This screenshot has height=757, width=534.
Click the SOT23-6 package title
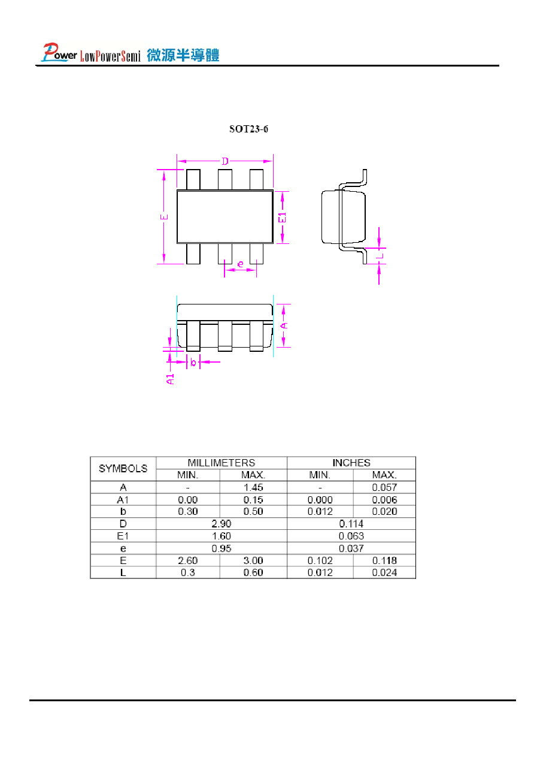tap(248, 129)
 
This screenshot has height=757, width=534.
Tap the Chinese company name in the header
tap(183, 55)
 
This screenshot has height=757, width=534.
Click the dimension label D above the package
tap(225, 162)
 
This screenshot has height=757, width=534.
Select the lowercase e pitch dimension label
tap(240, 264)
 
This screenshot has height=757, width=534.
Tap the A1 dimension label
tap(171, 379)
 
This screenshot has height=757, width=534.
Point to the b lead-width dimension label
tap(193, 362)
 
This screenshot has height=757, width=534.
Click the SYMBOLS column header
tap(123, 468)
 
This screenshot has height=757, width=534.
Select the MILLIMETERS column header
tap(222, 463)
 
